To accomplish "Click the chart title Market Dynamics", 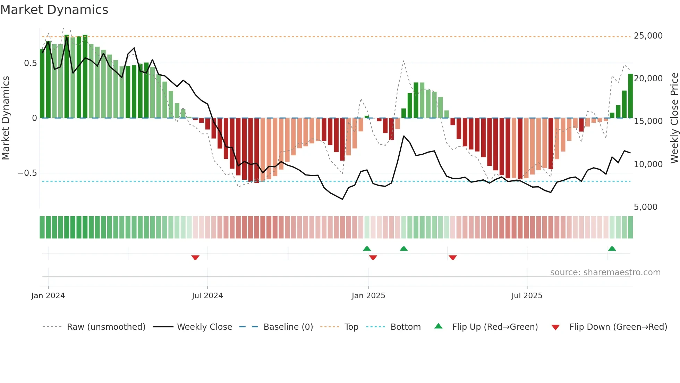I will (54, 10).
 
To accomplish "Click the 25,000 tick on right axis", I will (648, 36).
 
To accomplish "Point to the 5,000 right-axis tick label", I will (645, 207).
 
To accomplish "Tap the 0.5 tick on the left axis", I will (30, 63).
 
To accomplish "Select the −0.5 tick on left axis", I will (27, 173).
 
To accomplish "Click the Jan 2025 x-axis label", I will (368, 296).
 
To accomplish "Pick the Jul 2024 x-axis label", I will (207, 296).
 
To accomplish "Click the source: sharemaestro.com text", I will (605, 272).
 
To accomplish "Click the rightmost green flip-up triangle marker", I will (612, 248).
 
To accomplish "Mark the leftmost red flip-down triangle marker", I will (195, 258).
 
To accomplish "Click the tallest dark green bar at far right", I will (630, 96).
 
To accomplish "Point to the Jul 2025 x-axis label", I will (527, 296).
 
